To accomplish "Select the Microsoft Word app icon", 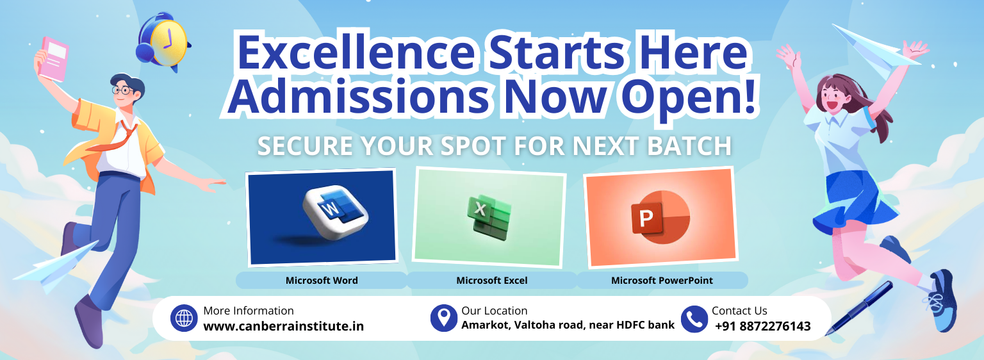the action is click(x=336, y=214).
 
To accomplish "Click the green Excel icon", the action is click(x=489, y=217).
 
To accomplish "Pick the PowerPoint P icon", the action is click(x=660, y=217).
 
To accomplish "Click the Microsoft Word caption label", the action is click(x=322, y=281).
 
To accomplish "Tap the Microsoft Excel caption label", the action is click(x=491, y=281).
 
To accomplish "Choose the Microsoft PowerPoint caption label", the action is click(x=662, y=281).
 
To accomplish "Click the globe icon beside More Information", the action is click(x=184, y=318).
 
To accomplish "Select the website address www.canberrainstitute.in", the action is click(x=283, y=327).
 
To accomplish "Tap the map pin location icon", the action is click(x=444, y=318).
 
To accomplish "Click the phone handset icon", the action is click(x=694, y=319).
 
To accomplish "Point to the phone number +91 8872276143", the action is click(x=762, y=326).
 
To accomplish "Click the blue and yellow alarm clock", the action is click(x=163, y=42).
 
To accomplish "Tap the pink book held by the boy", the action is click(x=54, y=59).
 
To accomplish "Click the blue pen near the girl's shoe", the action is click(x=859, y=307).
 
